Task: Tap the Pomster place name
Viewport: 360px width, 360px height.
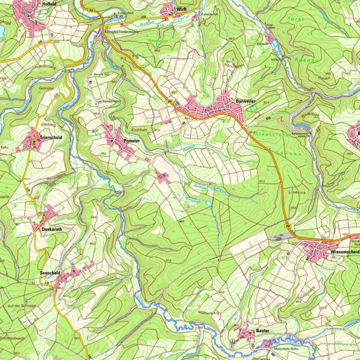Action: pos(131,141)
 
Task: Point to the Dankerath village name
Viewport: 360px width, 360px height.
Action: pos(51,230)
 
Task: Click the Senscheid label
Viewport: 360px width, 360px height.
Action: pos(51,273)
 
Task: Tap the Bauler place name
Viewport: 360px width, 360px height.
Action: pos(262,332)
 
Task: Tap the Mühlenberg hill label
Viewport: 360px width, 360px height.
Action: pos(209,312)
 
